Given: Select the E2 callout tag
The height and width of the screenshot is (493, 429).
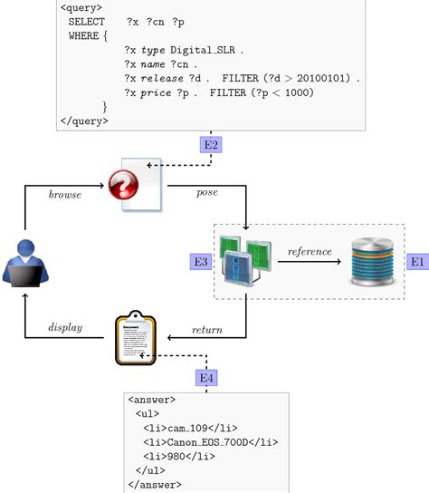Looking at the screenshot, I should [x=211, y=143].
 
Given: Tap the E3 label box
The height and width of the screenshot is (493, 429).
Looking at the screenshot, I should [x=201, y=261].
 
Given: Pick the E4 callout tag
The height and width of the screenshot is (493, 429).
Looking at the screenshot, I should [x=206, y=376].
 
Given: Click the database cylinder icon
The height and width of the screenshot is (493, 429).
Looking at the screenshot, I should [x=374, y=261].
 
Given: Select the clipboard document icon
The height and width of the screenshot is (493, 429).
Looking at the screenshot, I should [x=134, y=339].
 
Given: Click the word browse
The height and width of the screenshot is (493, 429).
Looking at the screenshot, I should [x=65, y=194].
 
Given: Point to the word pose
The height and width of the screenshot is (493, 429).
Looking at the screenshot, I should [x=206, y=193].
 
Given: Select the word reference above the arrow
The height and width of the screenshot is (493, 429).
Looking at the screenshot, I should [x=310, y=251].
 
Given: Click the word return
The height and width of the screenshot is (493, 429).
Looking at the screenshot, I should [x=207, y=329].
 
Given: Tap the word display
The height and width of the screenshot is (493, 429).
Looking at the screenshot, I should [x=65, y=327].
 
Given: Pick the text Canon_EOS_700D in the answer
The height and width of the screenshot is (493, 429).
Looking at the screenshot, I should [x=207, y=442].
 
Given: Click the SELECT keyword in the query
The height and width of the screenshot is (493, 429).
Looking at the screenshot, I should [x=86, y=20].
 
